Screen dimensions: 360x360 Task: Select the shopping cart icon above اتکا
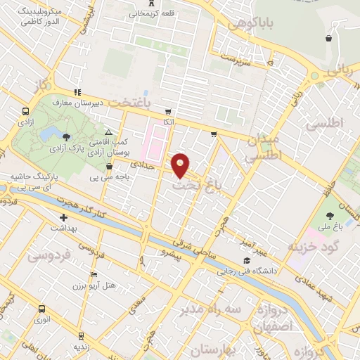(x=167, y=112)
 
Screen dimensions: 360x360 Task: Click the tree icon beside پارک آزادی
(x=66, y=136)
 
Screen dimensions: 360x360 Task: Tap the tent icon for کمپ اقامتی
(x=108, y=132)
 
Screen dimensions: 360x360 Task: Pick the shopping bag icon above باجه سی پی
(x=109, y=167)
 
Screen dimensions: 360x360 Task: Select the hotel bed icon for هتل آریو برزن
(x=94, y=274)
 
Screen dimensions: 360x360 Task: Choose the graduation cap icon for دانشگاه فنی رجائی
(x=245, y=261)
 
